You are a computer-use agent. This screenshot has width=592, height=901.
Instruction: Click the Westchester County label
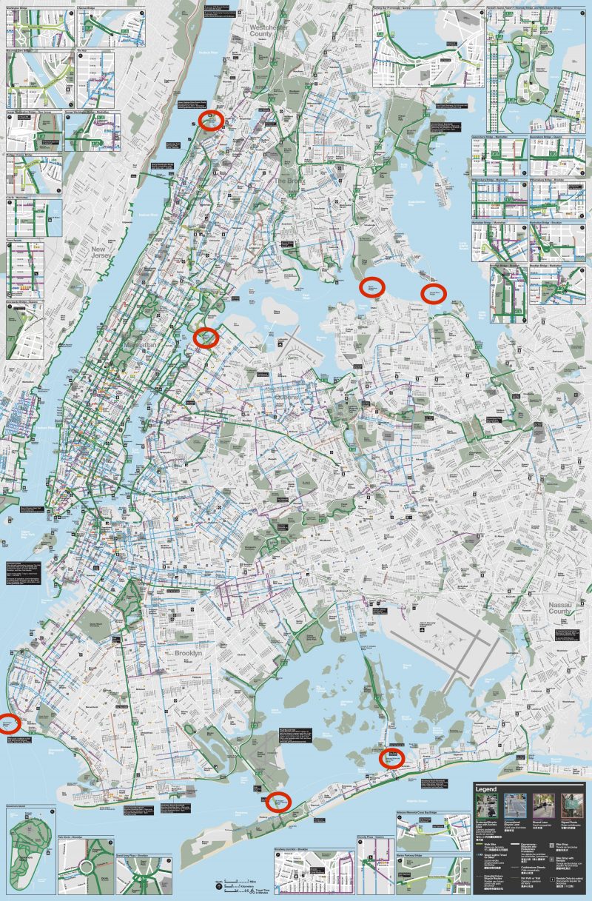click(261, 31)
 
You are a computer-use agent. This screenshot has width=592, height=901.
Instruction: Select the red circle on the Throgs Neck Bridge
click(433, 293)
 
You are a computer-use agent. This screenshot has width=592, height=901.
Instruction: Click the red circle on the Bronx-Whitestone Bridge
click(372, 287)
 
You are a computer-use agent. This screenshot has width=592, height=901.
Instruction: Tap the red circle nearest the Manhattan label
click(206, 338)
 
